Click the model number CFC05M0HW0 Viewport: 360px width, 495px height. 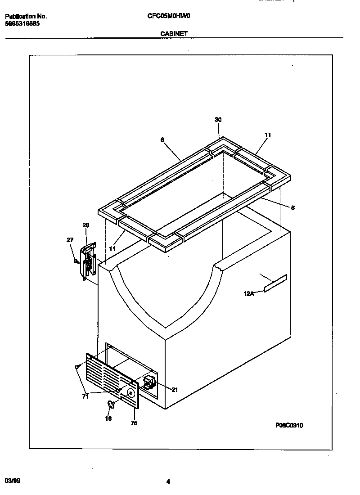pos(169,16)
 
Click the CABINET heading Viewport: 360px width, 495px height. pos(174,34)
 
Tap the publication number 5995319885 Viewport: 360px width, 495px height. pos(22,24)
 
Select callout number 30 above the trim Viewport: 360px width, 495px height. pos(218,120)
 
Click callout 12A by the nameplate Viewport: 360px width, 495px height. pos(248,294)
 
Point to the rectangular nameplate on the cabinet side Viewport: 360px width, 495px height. pos(275,283)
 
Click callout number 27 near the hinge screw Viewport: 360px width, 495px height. pos(70,240)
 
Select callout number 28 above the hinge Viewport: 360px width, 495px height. pos(85,225)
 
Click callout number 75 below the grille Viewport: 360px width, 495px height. pos(134,423)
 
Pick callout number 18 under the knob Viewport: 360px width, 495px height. pos(108,418)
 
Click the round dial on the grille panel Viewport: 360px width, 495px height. pos(130,393)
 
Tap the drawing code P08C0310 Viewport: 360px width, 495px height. pos(289,425)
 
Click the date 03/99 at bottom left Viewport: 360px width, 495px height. pos(13,481)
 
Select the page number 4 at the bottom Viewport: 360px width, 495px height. pos(168,481)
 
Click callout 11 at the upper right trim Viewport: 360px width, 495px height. pos(268,135)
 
